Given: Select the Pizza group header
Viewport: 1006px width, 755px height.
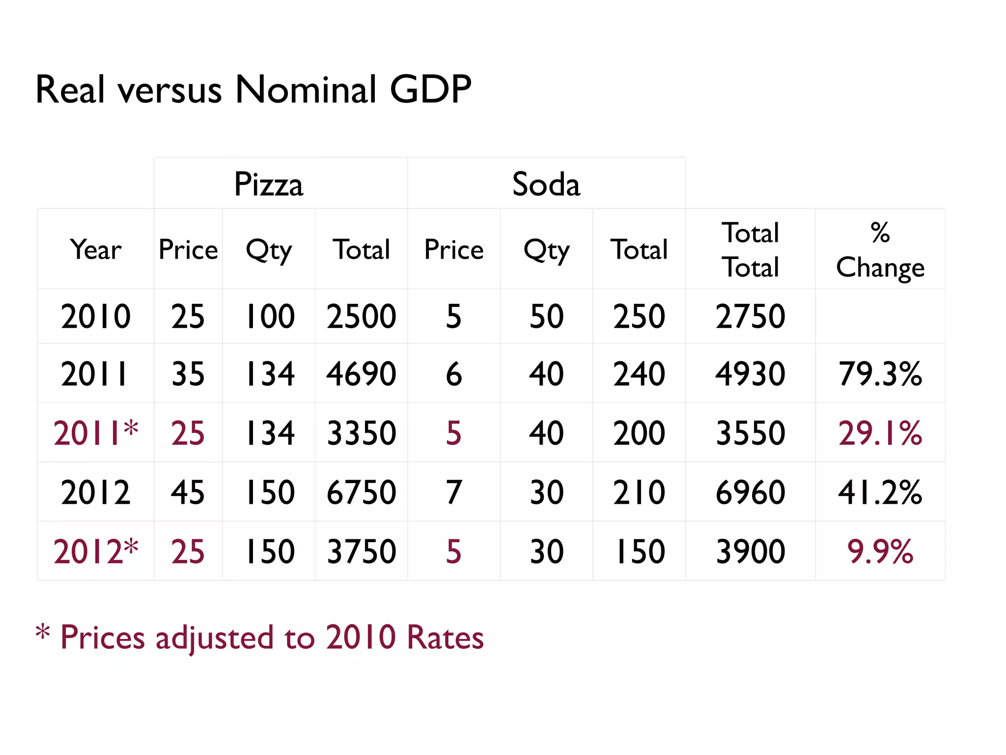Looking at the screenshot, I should click(x=269, y=185).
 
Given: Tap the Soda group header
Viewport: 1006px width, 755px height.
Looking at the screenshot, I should click(x=546, y=185).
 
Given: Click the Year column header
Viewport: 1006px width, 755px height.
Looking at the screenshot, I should click(x=95, y=250).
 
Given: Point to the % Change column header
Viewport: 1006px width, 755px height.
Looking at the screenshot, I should click(x=880, y=250).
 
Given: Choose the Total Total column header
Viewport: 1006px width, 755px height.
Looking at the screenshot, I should click(x=750, y=250).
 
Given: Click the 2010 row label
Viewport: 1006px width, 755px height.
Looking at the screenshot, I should click(x=95, y=316).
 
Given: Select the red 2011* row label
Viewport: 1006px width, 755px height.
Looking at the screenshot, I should click(x=95, y=433).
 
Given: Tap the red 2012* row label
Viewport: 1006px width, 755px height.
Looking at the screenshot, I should click(x=95, y=552).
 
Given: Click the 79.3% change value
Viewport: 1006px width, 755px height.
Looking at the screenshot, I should click(x=880, y=374).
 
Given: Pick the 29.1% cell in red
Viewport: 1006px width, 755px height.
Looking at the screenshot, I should click(x=880, y=433).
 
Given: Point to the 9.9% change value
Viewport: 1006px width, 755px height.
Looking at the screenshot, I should click(x=880, y=552).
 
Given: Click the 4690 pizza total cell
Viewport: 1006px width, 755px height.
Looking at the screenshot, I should click(x=361, y=374).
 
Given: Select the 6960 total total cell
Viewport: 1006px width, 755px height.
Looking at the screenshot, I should click(x=750, y=492).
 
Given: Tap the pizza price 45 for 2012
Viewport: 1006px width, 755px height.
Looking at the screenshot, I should click(x=188, y=492).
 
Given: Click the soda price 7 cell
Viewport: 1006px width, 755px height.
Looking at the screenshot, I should click(x=453, y=492).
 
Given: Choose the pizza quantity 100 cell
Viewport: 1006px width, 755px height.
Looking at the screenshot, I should click(x=269, y=316).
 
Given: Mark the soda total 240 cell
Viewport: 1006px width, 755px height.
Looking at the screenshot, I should click(x=639, y=374).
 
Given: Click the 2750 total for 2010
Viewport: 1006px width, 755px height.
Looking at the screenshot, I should click(x=750, y=316).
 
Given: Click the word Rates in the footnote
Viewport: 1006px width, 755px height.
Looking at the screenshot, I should click(x=445, y=638).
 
